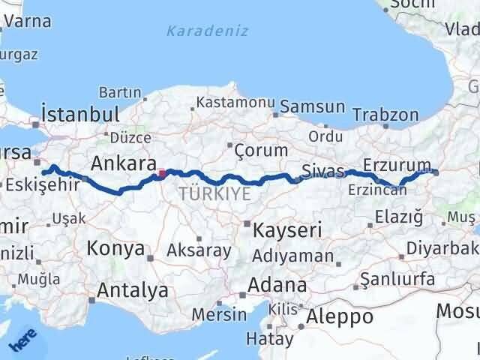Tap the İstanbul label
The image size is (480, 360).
click(81, 115)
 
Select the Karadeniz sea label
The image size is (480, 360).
click(198, 31)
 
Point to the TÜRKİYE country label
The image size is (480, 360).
click(214, 193)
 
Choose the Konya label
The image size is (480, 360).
click(115, 247)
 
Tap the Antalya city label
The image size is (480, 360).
click(129, 289)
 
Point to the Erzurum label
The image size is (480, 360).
click(397, 164)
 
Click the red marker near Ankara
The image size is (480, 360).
click(162, 174)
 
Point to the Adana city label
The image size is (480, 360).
click(278, 286)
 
